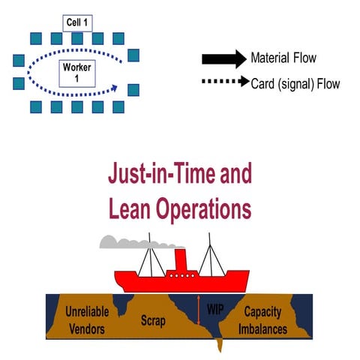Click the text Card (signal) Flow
pyautogui.click(x=295, y=83)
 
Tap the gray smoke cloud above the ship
pyautogui.click(x=127, y=242)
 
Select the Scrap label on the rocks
pyautogui.click(x=153, y=320)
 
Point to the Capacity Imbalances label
pyautogui.click(x=268, y=320)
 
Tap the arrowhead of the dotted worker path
pyautogui.click(x=115, y=87)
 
